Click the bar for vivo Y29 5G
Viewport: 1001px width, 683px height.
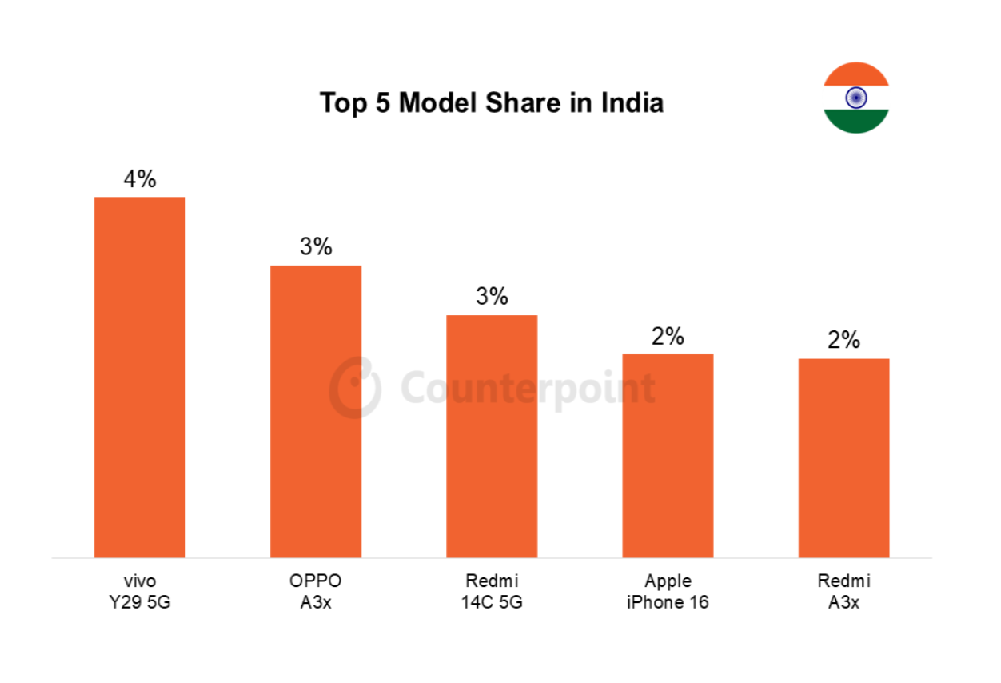(140, 377)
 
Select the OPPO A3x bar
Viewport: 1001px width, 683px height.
(316, 411)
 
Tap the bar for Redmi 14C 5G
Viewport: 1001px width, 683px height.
(492, 436)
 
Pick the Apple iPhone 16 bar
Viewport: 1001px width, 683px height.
(668, 455)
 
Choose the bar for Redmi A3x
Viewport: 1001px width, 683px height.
(843, 457)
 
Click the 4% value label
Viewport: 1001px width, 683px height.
(140, 179)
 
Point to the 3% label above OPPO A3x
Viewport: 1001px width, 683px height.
(316, 247)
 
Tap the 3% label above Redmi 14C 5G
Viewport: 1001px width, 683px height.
(492, 297)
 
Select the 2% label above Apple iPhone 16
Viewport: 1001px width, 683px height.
(668, 337)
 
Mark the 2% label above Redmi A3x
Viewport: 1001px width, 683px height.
(843, 341)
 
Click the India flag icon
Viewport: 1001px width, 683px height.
(856, 98)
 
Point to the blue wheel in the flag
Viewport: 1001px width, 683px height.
(856, 98)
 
